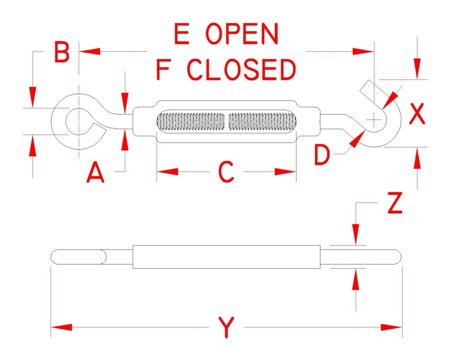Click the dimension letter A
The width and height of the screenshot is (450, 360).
pos(95,173)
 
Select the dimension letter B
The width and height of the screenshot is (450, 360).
pos(62,52)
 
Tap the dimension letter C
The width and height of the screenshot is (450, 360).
pos(226,172)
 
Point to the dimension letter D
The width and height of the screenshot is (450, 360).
pos(322,155)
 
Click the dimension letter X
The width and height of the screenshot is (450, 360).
pos(417,114)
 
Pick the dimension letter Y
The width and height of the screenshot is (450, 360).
pos(226,327)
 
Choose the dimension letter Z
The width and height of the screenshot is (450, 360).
pos(395,203)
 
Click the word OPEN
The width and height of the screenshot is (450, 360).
pos(242,34)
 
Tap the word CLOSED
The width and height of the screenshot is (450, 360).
pos(241,69)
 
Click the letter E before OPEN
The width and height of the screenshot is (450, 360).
pos(181,34)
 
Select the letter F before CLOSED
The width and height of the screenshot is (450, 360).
pos(163,69)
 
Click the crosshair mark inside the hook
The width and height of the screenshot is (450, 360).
pos(374,120)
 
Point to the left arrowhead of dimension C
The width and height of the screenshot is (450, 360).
pos(167,172)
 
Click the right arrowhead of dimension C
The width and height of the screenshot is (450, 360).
pos(285,172)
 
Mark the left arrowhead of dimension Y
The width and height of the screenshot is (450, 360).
pos(62,327)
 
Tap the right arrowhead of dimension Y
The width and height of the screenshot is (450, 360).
pos(392,327)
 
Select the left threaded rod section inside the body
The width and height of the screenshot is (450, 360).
pos(191,121)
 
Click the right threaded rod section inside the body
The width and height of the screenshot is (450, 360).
pos(263,121)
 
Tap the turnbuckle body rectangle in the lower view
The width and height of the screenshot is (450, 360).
pos(226,257)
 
